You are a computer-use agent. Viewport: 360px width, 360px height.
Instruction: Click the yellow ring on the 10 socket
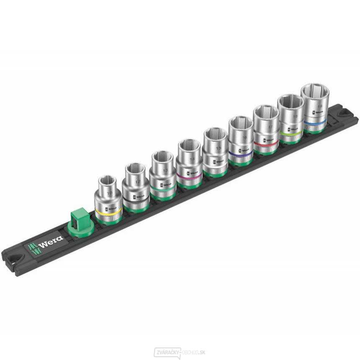(108, 211)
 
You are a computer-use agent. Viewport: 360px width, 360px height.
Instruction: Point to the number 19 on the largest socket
(319, 107)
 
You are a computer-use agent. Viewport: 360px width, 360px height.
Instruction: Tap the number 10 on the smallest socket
(110, 193)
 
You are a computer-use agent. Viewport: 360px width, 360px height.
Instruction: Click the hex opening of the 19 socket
(315, 91)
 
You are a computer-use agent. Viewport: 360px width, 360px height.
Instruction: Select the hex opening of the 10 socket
(109, 182)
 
